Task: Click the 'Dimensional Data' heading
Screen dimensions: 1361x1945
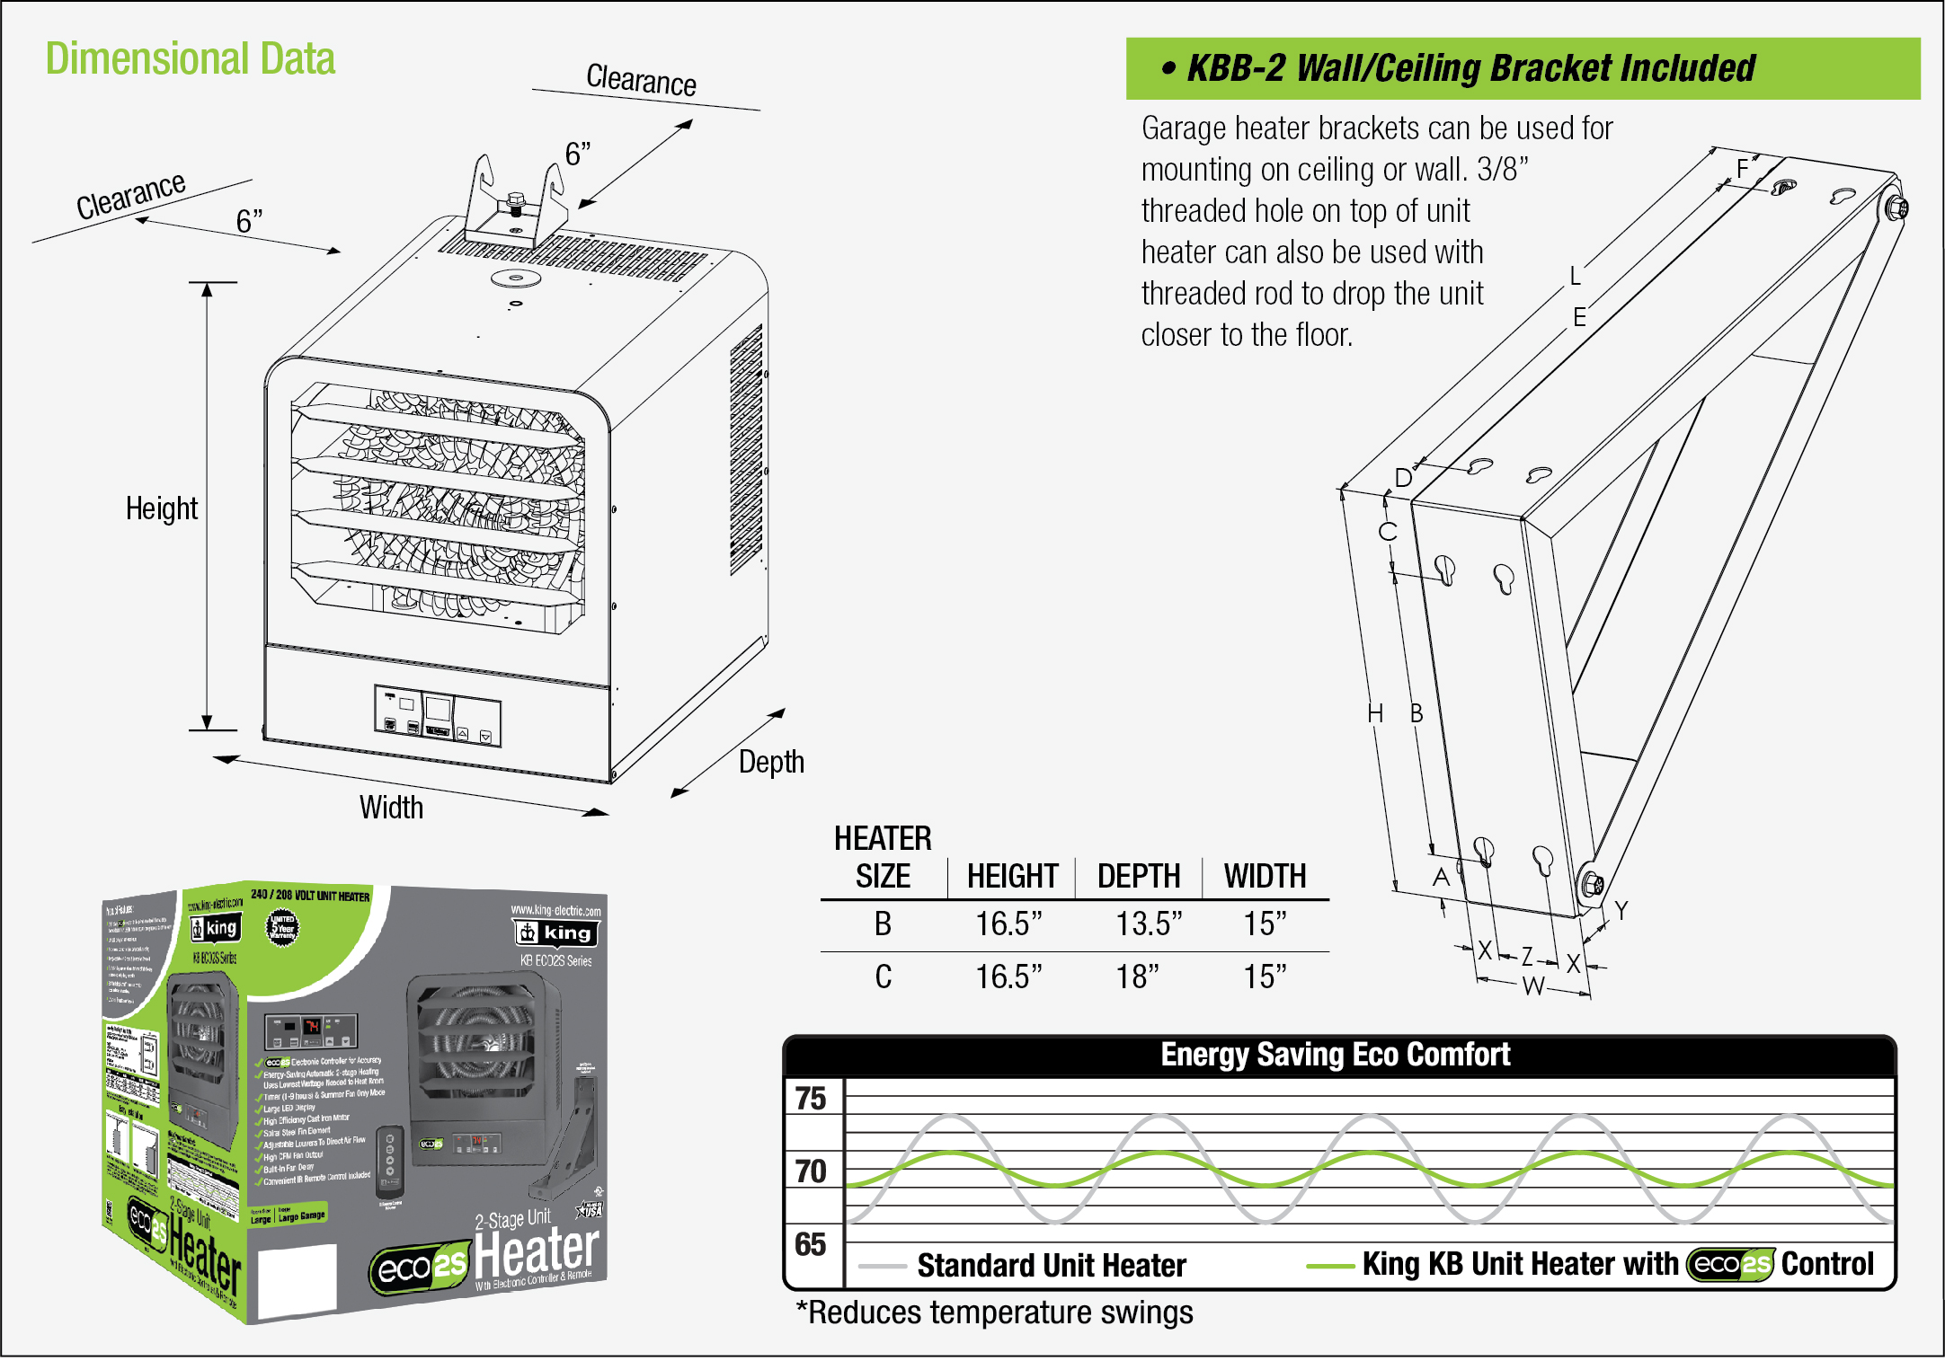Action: click(x=191, y=59)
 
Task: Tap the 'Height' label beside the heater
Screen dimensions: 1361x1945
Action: click(x=161, y=508)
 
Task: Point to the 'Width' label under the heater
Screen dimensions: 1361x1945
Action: click(x=391, y=807)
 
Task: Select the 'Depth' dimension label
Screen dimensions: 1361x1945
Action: click(x=771, y=762)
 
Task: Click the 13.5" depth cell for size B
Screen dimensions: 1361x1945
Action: click(x=1149, y=924)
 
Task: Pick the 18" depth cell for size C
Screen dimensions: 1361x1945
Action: click(x=1138, y=977)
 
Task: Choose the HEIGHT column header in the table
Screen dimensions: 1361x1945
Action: click(x=1012, y=876)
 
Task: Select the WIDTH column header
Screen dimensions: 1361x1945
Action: click(x=1265, y=876)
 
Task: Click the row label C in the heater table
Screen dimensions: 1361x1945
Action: click(x=884, y=977)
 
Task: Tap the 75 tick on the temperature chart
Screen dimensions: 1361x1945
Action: click(x=811, y=1099)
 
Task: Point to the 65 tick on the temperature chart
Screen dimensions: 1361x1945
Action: click(x=811, y=1244)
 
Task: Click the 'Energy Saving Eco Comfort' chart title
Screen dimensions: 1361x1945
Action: click(x=1336, y=1055)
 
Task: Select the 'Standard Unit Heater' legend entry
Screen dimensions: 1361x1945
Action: click(x=1051, y=1266)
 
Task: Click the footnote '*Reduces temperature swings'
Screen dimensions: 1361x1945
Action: click(x=995, y=1312)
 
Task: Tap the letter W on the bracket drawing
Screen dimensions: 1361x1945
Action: click(x=1533, y=986)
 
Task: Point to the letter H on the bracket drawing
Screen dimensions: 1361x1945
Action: click(x=1375, y=714)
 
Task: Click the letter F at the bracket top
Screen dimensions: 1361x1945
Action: click(x=1743, y=168)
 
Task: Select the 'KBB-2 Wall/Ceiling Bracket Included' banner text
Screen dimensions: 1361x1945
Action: click(x=1470, y=68)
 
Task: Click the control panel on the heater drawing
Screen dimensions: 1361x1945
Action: click(x=438, y=716)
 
